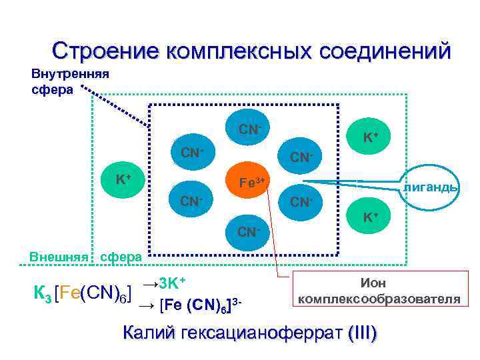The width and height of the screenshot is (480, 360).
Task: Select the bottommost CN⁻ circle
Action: pos(247,231)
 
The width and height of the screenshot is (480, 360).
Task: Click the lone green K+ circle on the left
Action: pos(122,179)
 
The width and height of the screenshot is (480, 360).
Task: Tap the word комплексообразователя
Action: pos(379,299)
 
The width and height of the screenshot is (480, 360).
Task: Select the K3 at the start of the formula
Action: pos(43,293)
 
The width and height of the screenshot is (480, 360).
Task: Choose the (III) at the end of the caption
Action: pos(361,333)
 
